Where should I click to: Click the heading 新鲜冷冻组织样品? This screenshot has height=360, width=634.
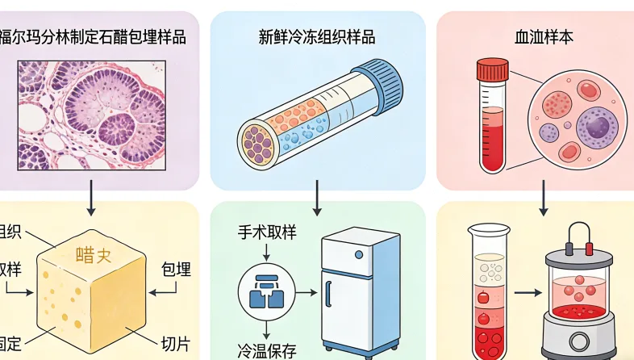[316, 37]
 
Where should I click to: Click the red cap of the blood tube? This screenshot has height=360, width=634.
[492, 69]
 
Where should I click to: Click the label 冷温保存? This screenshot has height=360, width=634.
[267, 350]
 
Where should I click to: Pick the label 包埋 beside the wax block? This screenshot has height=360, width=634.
[176, 269]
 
